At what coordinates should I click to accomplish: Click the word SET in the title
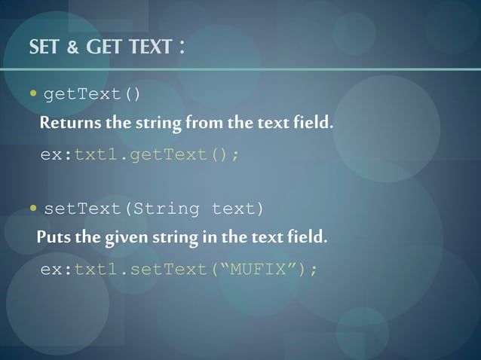(43, 48)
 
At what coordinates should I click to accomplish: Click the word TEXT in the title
(149, 48)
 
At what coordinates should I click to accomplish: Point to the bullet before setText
(34, 208)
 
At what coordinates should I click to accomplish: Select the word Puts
(53, 239)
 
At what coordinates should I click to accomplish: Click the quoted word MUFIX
(259, 269)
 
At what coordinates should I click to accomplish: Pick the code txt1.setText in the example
(139, 269)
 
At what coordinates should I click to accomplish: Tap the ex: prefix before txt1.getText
(57, 154)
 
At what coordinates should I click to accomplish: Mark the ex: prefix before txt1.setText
(57, 269)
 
